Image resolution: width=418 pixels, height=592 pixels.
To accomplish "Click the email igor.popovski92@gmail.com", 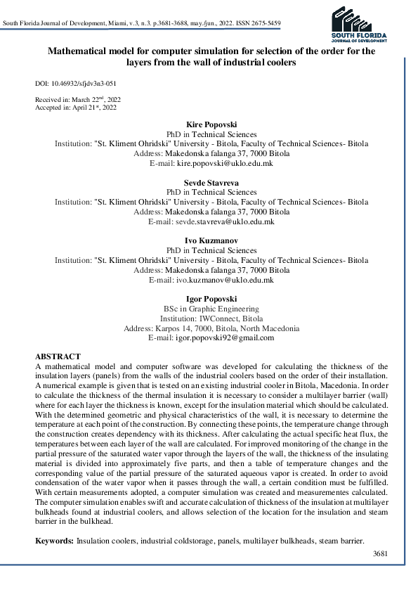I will coord(224,337).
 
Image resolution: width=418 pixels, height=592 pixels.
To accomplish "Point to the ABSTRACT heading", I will coord(58,357).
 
